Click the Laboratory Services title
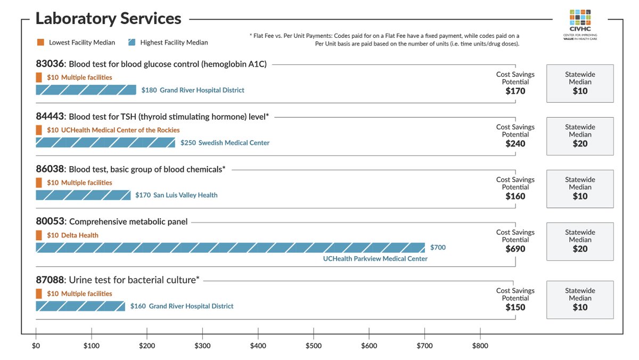[x=108, y=19]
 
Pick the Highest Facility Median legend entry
[x=168, y=42]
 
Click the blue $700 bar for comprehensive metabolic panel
[x=230, y=248]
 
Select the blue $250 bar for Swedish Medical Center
[x=105, y=143]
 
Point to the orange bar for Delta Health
[x=38, y=235]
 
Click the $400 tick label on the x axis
[x=258, y=346]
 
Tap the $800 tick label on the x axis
[x=480, y=346]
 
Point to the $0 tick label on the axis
[x=36, y=346]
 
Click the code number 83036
[x=50, y=64]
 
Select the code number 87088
[x=50, y=280]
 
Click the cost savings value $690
[x=515, y=249]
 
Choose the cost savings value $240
[x=515, y=144]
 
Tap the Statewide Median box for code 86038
[x=580, y=189]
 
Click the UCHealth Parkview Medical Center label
[x=375, y=259]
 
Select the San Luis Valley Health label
[x=185, y=195]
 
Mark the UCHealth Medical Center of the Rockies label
[x=120, y=130]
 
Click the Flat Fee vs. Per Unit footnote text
[x=384, y=39]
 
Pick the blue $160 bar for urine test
[x=80, y=306]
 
